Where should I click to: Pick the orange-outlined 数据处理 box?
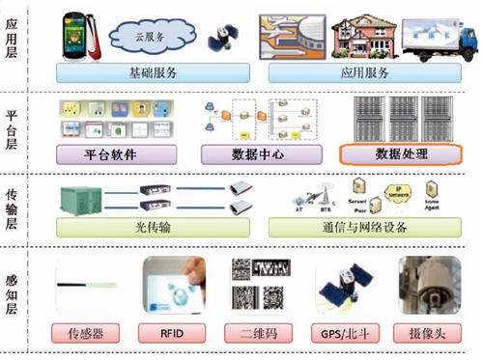pos(400,153)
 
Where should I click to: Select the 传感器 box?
pos(85,335)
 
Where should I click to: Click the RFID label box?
pos(175,335)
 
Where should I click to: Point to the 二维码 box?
pos(263,335)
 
